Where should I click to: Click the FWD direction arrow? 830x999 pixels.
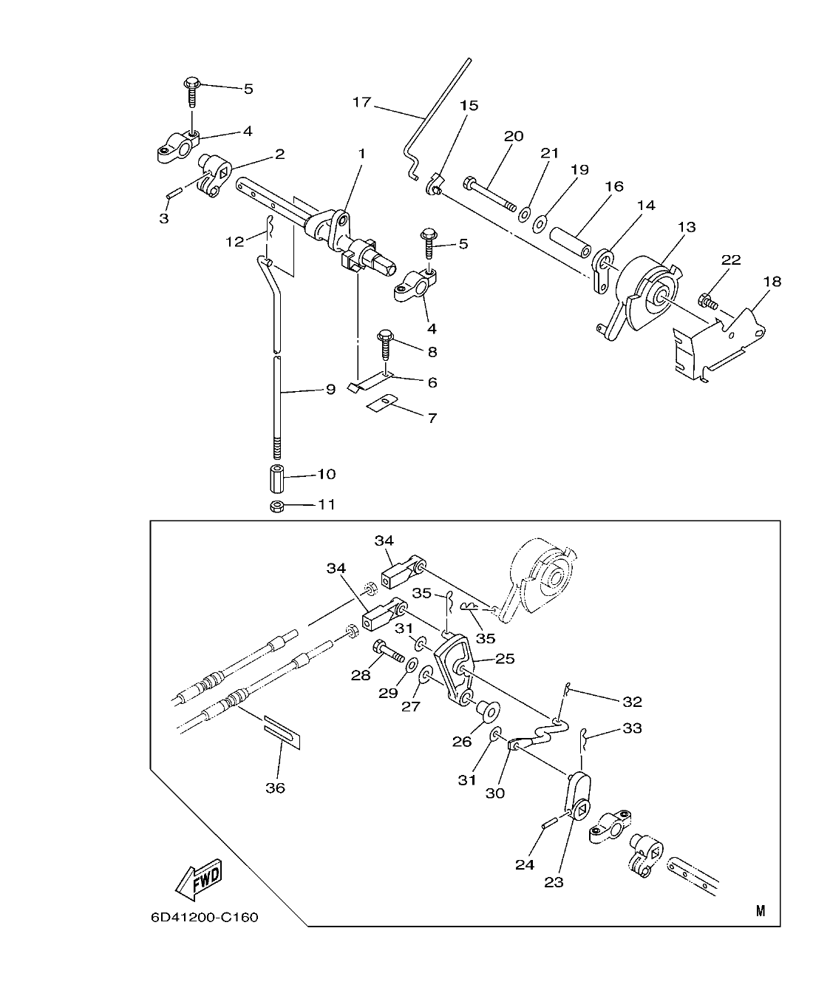pos(199,879)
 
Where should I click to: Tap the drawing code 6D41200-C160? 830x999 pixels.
pos(204,918)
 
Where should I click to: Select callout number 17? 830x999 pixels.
pos(361,102)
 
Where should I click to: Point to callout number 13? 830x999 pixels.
pos(687,227)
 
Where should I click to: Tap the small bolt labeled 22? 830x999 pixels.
pos(707,301)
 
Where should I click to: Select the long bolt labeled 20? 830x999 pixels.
pos(489,194)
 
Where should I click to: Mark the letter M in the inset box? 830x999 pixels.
pos(761,911)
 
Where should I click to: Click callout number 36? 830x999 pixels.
pos(275,788)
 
